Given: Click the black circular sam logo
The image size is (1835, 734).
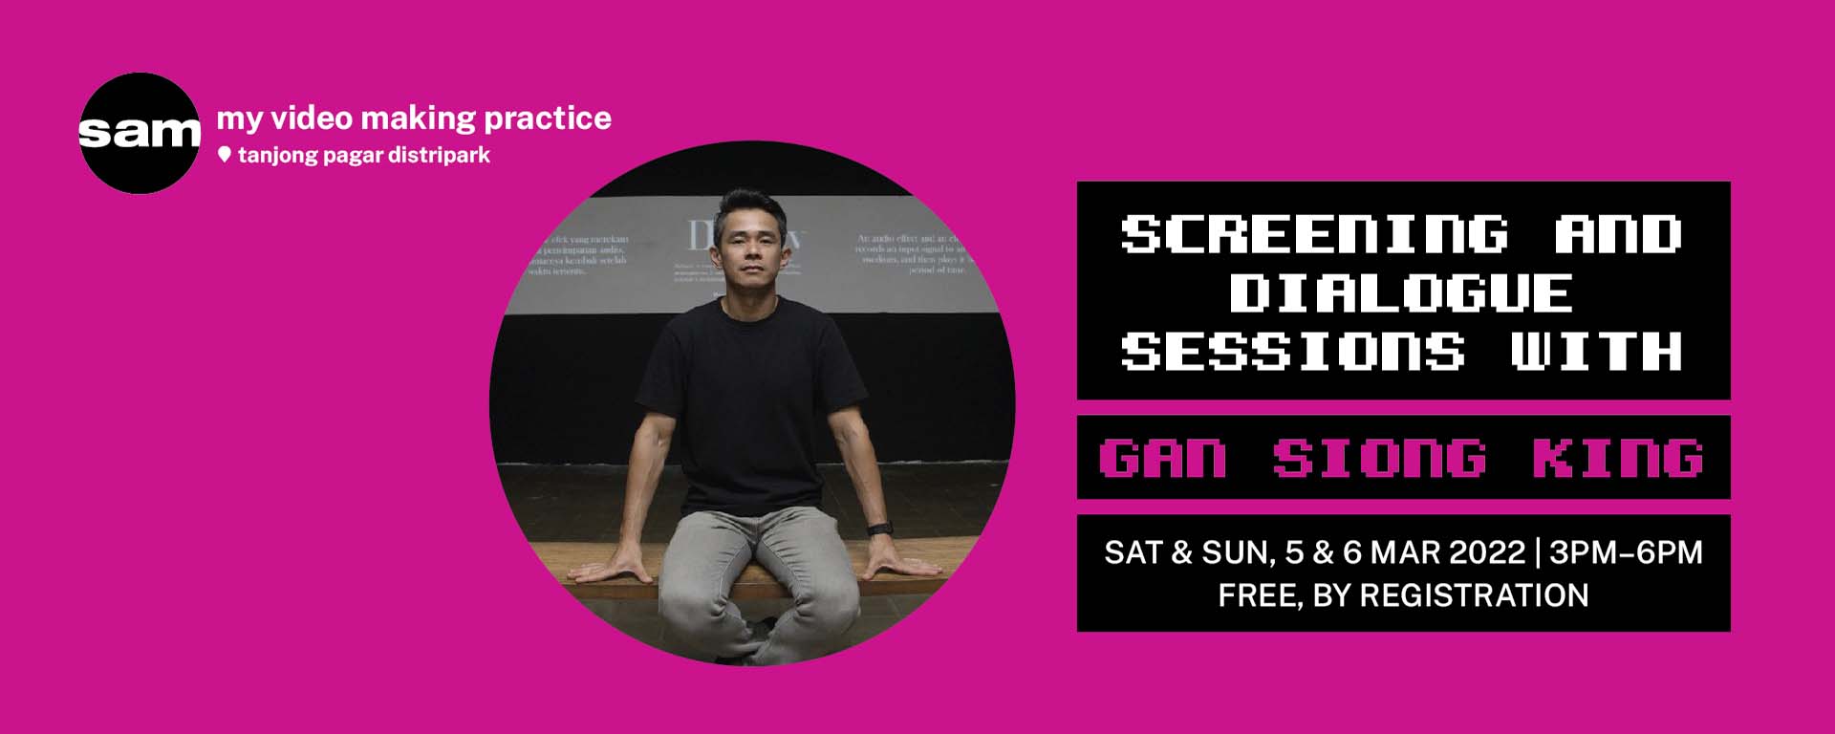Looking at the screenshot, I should click(x=140, y=133).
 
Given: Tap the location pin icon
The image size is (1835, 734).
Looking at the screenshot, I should click(x=225, y=155).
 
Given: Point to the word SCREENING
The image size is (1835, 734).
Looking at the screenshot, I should click(x=1314, y=234).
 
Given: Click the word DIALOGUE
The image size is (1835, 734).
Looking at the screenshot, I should click(x=1401, y=292).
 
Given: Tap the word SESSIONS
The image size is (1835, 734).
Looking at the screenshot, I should click(x=1292, y=351).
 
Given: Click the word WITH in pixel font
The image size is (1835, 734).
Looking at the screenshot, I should click(x=1596, y=351).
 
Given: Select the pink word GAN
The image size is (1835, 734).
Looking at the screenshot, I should click(x=1163, y=458).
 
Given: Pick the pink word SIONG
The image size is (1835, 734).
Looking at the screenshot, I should click(x=1379, y=458).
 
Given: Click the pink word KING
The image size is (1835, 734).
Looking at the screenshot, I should click(x=1618, y=458).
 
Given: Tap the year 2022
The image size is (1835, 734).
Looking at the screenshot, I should click(x=1487, y=552).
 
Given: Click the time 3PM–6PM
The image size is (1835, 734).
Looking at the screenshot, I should click(x=1626, y=552).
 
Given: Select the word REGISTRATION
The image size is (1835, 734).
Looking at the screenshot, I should click(x=1474, y=595).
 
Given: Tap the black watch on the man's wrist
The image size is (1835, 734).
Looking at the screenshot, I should click(x=880, y=529).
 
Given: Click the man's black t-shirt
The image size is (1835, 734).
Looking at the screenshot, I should click(x=750, y=401).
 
